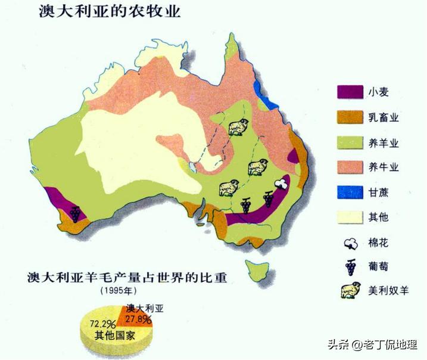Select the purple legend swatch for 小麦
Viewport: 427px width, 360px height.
click(350, 92)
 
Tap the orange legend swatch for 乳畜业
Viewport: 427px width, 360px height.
click(350, 117)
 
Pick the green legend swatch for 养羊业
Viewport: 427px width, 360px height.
click(350, 142)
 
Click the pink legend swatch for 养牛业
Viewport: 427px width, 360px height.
click(350, 167)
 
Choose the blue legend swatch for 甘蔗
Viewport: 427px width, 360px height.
click(350, 193)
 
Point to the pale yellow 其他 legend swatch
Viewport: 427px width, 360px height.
click(350, 218)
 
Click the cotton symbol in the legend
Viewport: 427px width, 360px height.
click(351, 243)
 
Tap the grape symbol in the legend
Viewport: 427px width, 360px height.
click(351, 266)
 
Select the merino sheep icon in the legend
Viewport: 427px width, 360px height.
click(350, 292)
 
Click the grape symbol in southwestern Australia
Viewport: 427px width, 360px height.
click(76, 213)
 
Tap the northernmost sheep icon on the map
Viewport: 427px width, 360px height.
click(238, 127)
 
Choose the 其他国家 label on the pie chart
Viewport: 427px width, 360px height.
click(115, 336)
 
